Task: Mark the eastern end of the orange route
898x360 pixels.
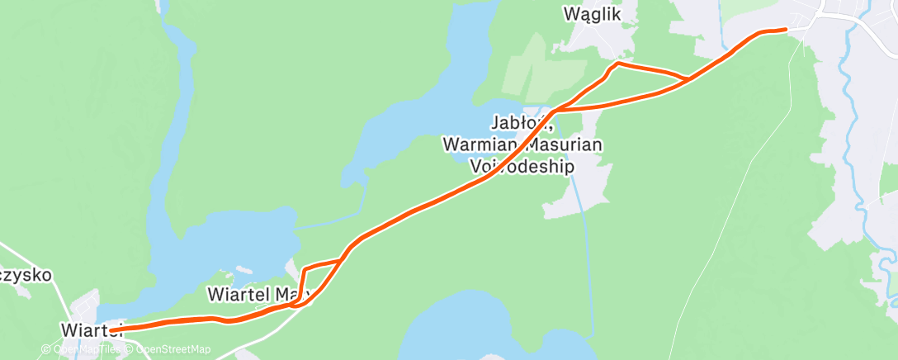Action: (785, 30)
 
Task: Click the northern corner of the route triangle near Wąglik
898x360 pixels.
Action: (618, 63)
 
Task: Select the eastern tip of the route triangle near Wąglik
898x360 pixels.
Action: (687, 78)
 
